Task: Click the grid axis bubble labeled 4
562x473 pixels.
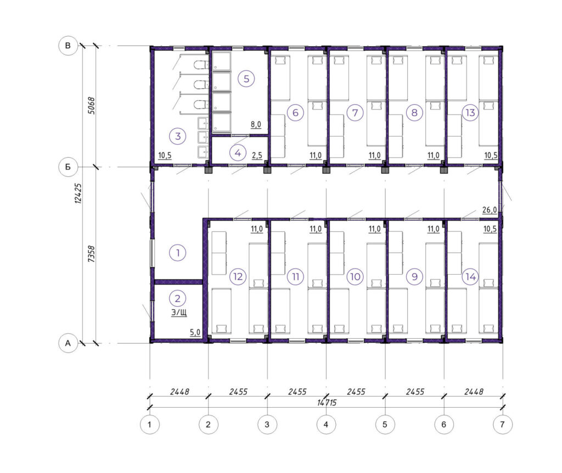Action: click(326, 424)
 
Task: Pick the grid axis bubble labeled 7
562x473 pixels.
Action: click(503, 424)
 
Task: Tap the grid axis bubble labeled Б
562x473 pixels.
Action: click(68, 167)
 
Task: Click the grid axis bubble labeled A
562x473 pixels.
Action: click(68, 343)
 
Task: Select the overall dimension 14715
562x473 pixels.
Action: click(327, 403)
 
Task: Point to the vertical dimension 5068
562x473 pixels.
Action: click(92, 106)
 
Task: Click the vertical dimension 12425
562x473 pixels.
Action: click(78, 193)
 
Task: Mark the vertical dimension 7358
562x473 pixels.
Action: click(92, 254)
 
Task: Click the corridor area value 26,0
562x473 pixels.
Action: click(490, 210)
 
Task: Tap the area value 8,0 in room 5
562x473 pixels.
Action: click(256, 124)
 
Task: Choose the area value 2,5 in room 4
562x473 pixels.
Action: click(257, 156)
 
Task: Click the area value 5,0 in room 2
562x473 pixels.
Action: click(195, 332)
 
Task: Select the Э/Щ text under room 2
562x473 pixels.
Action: click(179, 312)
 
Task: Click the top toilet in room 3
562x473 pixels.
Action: click(201, 65)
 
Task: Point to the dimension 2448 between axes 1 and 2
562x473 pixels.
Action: click(179, 392)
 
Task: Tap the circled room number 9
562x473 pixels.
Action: click(414, 276)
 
